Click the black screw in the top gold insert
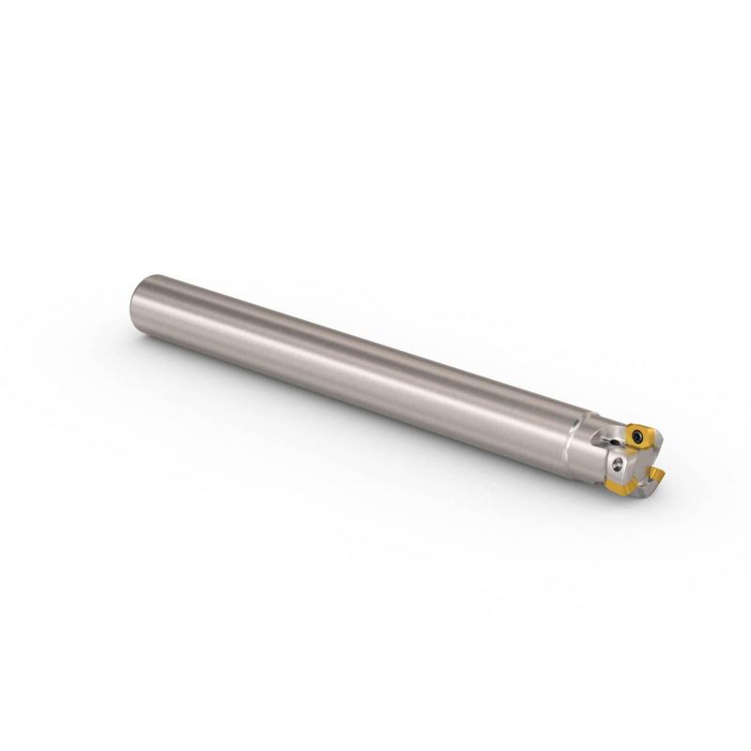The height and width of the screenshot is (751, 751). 637,436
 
